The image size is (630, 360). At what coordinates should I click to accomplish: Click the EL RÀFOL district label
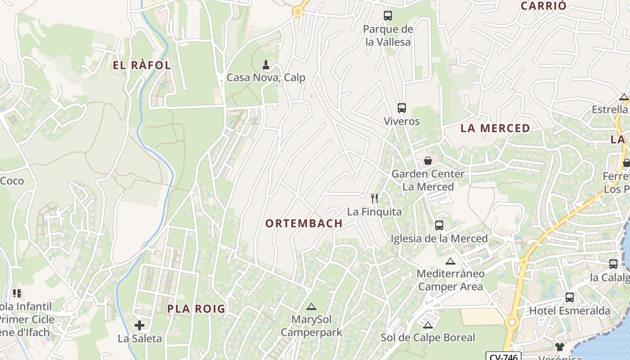pos(142,65)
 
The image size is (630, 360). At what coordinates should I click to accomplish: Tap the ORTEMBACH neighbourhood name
pos(304,223)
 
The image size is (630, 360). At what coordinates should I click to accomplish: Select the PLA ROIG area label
pos(196,309)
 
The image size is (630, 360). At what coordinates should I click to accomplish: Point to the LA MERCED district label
pos(495,128)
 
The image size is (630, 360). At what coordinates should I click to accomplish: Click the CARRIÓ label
pos(544,6)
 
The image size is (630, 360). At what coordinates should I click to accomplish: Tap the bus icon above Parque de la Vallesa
pos(388,16)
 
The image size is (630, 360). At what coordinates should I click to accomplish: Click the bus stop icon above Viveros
pos(402,108)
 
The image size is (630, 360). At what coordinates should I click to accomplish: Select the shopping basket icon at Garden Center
pos(428,160)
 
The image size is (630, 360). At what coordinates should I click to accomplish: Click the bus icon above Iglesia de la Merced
pos(439,225)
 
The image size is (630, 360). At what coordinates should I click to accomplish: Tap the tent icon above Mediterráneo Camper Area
pos(450,261)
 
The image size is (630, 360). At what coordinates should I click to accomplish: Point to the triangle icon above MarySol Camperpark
pos(311,307)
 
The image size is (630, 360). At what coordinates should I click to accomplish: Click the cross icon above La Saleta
pos(139,325)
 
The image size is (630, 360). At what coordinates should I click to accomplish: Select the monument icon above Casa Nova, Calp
pos(266,65)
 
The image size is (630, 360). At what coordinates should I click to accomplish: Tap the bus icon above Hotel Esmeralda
pos(570,297)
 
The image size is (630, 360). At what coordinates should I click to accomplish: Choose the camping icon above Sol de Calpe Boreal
pos(428,325)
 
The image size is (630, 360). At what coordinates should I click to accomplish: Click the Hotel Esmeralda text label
pos(570,310)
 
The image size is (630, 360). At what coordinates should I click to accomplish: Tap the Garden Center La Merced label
pos(428,180)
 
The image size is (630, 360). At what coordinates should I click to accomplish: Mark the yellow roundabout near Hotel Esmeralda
pos(512,322)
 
